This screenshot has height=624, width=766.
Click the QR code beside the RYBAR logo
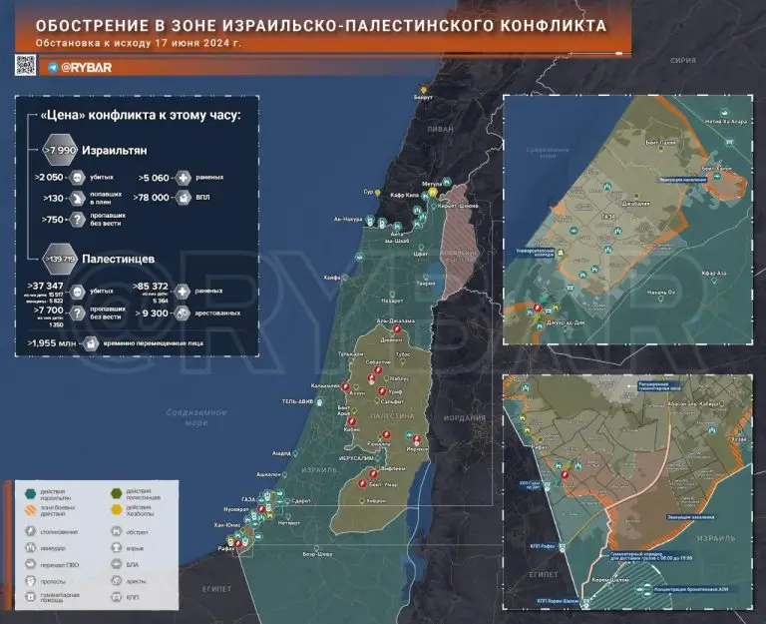click(26, 65)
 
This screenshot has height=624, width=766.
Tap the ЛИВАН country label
click(440, 130)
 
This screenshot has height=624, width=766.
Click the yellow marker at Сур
click(380, 191)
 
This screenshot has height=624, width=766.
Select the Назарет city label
click(391, 300)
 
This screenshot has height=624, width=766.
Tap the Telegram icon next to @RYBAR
click(52, 65)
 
